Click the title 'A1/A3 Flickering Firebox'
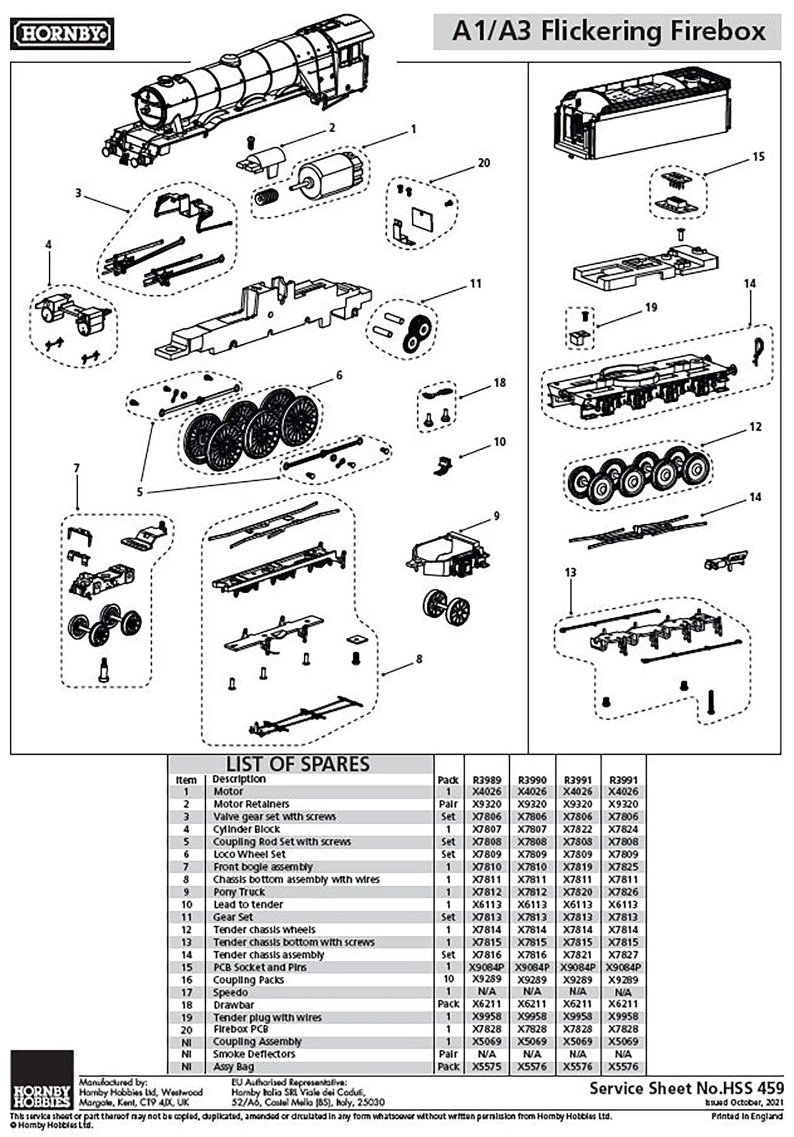(x=608, y=32)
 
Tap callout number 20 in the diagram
(x=483, y=163)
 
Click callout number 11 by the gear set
(x=476, y=283)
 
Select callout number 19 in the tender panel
(x=651, y=307)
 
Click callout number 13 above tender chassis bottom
(x=570, y=572)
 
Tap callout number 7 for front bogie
(x=76, y=468)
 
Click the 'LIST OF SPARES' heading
(x=298, y=764)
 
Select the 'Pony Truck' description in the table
(x=239, y=892)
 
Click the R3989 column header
(x=487, y=780)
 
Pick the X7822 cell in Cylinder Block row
(x=578, y=829)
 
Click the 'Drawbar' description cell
(x=233, y=1005)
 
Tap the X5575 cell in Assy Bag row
(x=487, y=1067)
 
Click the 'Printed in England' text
(x=747, y=1116)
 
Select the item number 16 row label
(x=186, y=980)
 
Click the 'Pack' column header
(x=448, y=780)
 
